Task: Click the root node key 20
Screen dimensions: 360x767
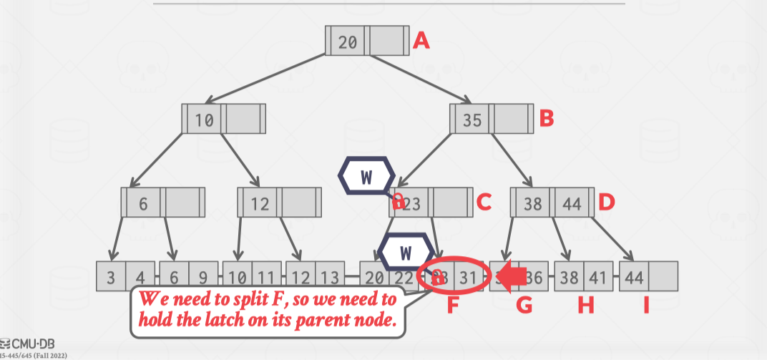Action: click(348, 42)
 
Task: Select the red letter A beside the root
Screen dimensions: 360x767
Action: click(422, 41)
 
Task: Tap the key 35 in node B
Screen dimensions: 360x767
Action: click(472, 120)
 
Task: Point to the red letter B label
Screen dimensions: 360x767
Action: click(547, 118)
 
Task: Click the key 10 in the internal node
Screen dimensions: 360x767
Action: click(205, 120)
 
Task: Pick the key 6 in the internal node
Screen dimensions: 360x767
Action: click(143, 204)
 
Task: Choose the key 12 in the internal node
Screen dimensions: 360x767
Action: click(260, 204)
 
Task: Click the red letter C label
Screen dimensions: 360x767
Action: click(484, 203)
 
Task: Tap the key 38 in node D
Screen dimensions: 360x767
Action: click(532, 204)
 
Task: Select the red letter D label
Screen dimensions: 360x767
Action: click(607, 203)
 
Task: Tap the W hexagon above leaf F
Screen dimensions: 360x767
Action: click(405, 253)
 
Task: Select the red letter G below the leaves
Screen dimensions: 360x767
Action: click(524, 306)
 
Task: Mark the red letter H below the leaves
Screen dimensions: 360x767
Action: click(586, 306)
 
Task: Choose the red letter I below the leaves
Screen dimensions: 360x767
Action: click(646, 306)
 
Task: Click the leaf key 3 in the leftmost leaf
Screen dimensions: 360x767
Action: click(111, 278)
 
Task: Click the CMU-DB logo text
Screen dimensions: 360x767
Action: click(29, 341)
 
